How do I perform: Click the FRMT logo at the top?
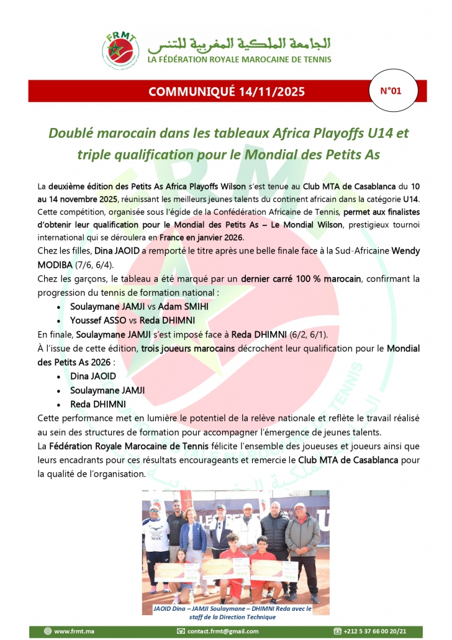[x=122, y=50]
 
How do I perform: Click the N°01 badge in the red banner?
[x=391, y=91]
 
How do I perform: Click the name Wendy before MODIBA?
[x=404, y=250]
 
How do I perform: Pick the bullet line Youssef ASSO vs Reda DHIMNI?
[x=133, y=321]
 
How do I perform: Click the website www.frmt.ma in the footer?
[x=74, y=631]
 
